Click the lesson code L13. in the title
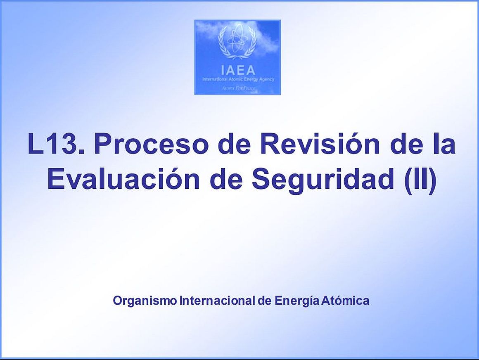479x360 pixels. (56, 144)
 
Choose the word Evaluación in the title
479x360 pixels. (123, 178)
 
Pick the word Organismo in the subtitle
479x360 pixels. (145, 301)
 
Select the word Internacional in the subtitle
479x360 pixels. (218, 301)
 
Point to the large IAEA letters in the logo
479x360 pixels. (238, 70)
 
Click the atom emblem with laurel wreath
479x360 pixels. (237, 42)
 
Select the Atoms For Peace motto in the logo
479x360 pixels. (238, 88)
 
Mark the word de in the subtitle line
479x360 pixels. (265, 301)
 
